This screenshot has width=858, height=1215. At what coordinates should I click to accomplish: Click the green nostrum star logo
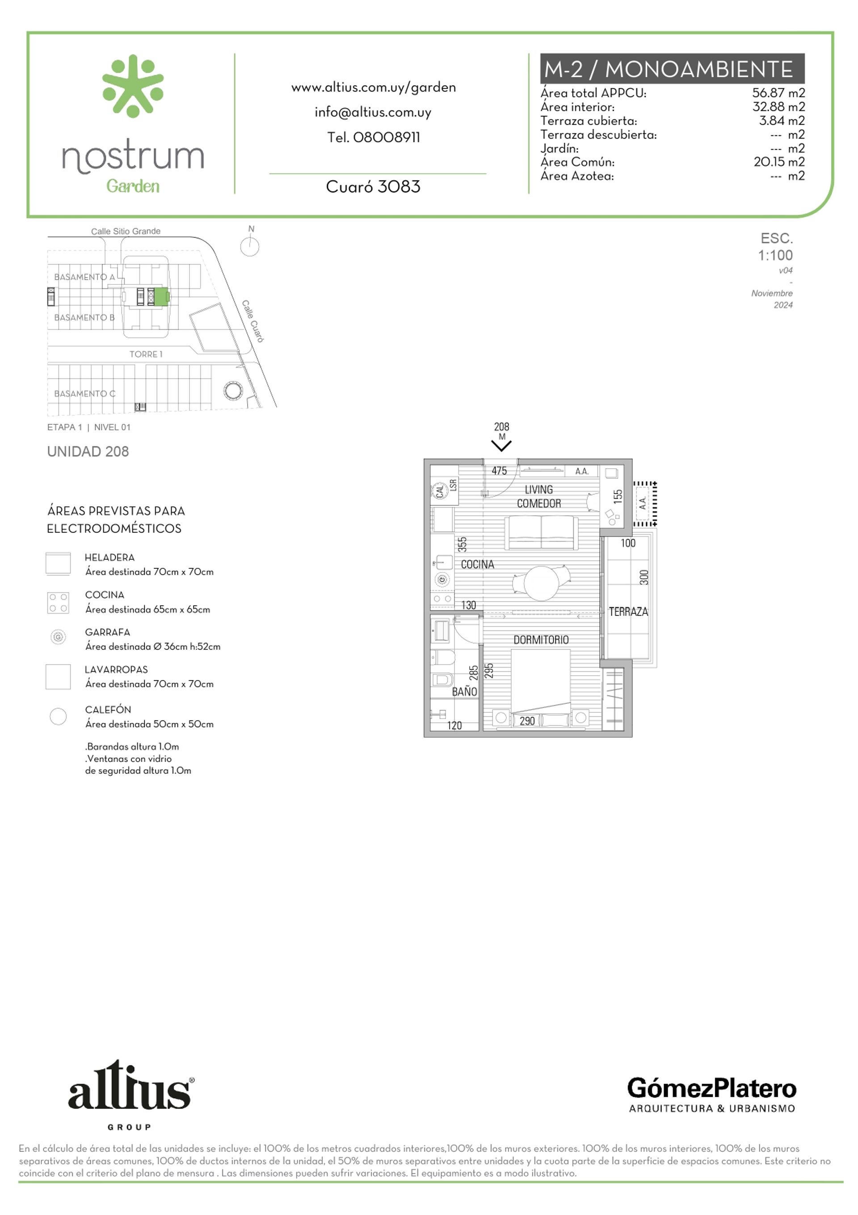[133, 86]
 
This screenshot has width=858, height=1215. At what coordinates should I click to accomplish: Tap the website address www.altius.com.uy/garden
[374, 88]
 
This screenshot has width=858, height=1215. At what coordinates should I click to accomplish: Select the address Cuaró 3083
[373, 187]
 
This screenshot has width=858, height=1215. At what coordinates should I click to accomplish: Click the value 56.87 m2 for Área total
[778, 93]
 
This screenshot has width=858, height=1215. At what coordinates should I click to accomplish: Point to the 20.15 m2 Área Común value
[778, 162]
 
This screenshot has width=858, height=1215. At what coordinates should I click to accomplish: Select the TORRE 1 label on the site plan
[146, 354]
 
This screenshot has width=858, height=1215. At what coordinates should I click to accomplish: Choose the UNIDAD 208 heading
[88, 451]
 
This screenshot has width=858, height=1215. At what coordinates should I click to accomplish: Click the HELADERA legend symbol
[58, 563]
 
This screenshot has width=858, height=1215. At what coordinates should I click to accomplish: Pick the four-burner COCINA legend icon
[58, 603]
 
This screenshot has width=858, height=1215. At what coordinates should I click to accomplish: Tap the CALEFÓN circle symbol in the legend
[58, 716]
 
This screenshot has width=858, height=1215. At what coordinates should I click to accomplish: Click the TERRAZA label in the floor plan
[628, 612]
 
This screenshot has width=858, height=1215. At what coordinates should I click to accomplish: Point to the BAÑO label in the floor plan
[464, 692]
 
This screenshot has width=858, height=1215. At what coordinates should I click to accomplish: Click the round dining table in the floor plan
[541, 583]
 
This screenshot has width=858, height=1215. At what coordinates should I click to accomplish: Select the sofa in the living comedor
[542, 533]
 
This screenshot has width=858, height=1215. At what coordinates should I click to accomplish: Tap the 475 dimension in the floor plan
[499, 470]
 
